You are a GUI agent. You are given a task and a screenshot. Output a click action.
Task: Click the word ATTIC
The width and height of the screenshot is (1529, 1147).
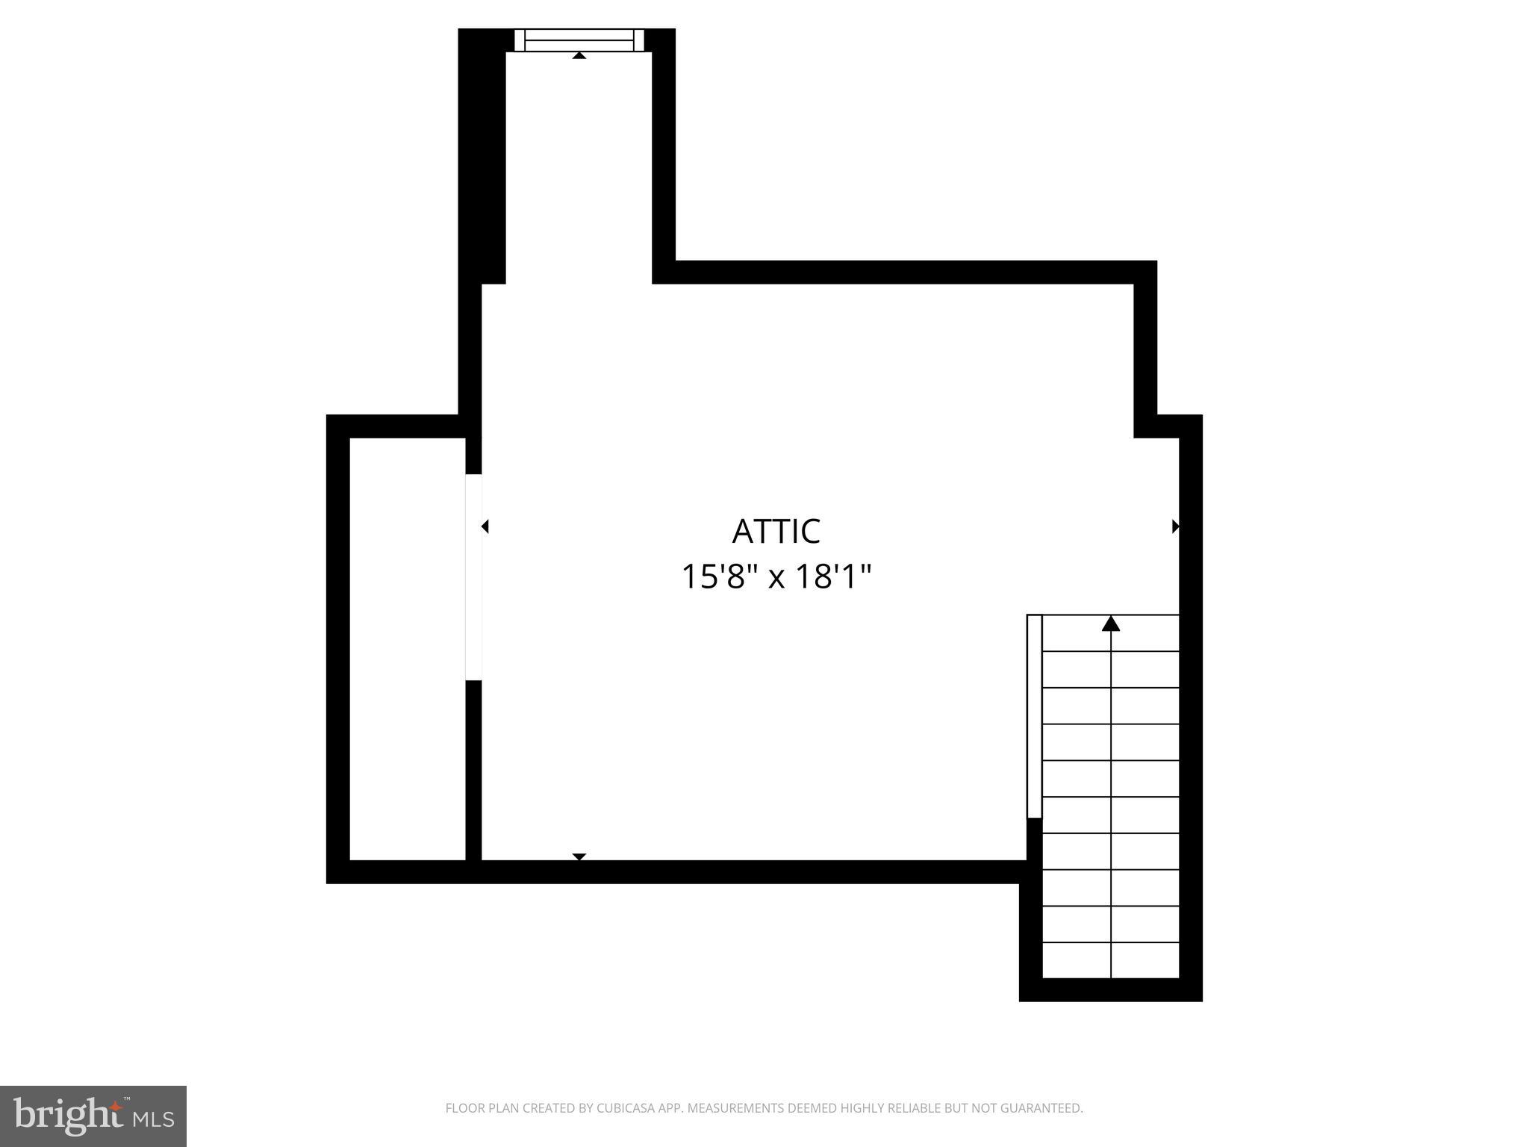tap(776, 532)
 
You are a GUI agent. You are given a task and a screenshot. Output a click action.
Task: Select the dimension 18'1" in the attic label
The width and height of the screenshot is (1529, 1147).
tap(832, 576)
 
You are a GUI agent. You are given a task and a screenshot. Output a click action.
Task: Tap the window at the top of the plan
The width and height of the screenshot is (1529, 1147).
tap(579, 40)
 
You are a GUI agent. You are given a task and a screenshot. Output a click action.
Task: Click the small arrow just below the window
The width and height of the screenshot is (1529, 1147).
tap(579, 55)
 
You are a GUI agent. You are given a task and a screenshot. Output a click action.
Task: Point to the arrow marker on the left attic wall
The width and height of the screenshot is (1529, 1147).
tap(485, 526)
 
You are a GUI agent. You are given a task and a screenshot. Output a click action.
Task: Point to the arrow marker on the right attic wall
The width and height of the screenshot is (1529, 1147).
tap(1175, 526)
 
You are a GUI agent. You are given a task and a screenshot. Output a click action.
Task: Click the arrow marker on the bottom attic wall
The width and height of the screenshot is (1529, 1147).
tap(579, 857)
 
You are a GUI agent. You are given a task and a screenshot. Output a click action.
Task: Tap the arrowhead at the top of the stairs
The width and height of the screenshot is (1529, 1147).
tap(1111, 624)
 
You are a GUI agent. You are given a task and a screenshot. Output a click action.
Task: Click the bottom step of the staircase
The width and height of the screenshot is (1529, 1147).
tap(1111, 960)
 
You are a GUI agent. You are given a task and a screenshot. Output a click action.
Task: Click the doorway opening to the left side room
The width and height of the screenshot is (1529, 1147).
tap(473, 576)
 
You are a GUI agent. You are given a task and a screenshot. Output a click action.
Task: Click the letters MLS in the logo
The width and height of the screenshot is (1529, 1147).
tap(153, 1119)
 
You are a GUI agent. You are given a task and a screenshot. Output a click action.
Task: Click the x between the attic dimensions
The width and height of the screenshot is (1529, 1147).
tap(776, 578)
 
